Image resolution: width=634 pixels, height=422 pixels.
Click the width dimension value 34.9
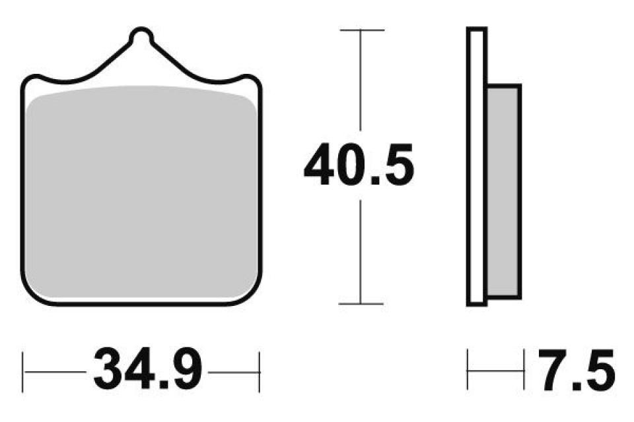(148, 371)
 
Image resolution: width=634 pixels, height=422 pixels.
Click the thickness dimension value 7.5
(575, 371)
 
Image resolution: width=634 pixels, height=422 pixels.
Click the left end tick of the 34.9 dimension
(24, 371)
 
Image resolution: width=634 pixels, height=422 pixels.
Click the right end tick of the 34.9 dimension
(260, 371)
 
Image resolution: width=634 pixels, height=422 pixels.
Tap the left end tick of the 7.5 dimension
(469, 371)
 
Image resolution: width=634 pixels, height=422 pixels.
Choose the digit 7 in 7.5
(553, 371)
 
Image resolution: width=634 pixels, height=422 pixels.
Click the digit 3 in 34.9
(110, 371)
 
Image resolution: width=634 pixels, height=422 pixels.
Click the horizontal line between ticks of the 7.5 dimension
(495, 371)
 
